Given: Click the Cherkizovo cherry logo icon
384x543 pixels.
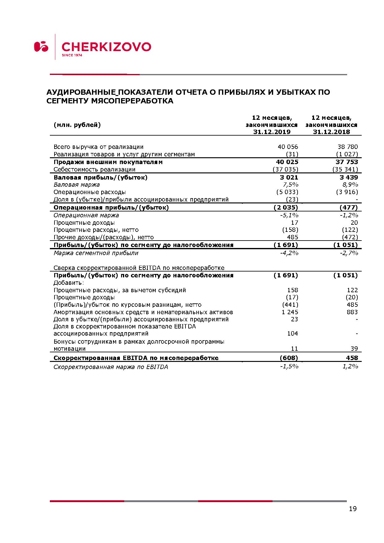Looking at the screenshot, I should coord(41,46).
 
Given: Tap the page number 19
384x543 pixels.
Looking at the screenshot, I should coord(352,509).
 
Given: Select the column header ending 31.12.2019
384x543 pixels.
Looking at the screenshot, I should coord(272,125).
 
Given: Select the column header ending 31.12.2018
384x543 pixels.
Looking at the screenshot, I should coord(331,125).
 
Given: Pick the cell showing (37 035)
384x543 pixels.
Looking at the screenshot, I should coord(285,169).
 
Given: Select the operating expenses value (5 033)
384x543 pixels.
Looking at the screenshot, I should coord(287,192).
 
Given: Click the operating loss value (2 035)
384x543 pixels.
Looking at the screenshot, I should coord(286,207).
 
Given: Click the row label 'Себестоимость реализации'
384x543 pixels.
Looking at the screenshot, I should coord(94,169).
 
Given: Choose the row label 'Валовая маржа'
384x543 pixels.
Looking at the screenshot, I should coord(76,185).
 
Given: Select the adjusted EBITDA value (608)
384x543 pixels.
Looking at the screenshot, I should coord(289,358).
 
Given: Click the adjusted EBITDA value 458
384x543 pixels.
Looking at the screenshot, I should coord(352,358).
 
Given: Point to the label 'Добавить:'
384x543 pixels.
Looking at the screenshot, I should coord(69,283).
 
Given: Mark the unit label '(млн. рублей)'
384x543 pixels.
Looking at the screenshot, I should coord(77,125).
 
